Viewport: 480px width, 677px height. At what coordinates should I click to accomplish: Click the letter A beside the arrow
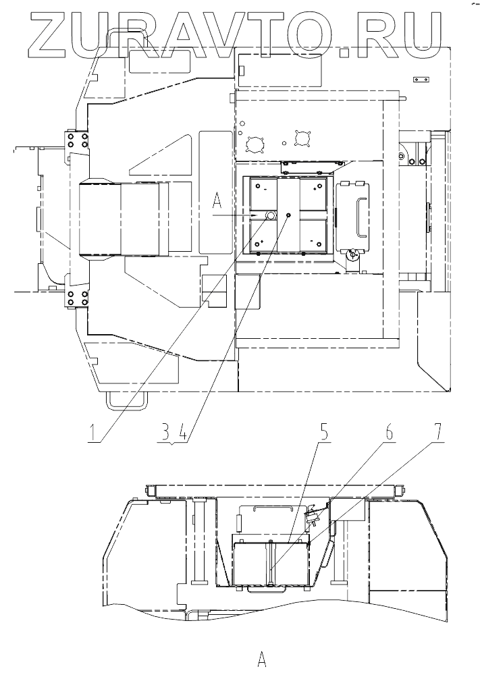coord(217,200)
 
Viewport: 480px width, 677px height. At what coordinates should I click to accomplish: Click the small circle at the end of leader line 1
coord(269,215)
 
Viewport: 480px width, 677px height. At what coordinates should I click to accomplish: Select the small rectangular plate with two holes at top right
coord(421,80)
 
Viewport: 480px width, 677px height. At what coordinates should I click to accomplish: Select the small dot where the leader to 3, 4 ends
coord(288,214)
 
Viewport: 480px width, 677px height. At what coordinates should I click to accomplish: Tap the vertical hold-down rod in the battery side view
coord(269,561)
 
